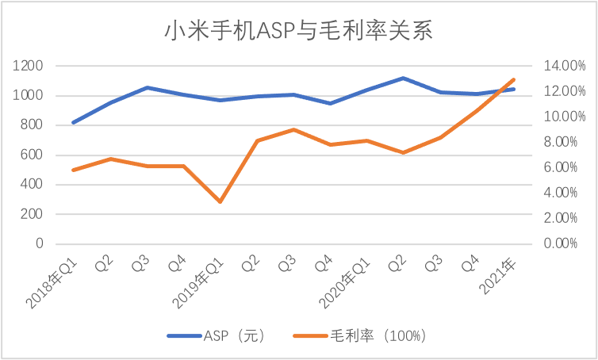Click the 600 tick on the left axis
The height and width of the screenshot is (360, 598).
(32, 155)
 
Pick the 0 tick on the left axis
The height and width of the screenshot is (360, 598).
(38, 243)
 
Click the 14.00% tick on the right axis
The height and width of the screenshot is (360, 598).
(562, 66)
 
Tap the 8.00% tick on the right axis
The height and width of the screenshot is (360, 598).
(562, 142)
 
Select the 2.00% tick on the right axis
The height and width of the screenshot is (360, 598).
(562, 218)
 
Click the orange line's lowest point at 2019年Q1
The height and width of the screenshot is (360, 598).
(220, 201)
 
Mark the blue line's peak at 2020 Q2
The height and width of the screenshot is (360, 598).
(404, 78)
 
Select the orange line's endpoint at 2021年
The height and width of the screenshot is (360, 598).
(514, 79)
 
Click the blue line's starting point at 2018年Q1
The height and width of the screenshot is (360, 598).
(74, 122)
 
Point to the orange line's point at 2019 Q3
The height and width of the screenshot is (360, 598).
(293, 129)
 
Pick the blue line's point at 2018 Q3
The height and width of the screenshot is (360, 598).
(147, 87)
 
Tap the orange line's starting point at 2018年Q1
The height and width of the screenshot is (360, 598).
(74, 170)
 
